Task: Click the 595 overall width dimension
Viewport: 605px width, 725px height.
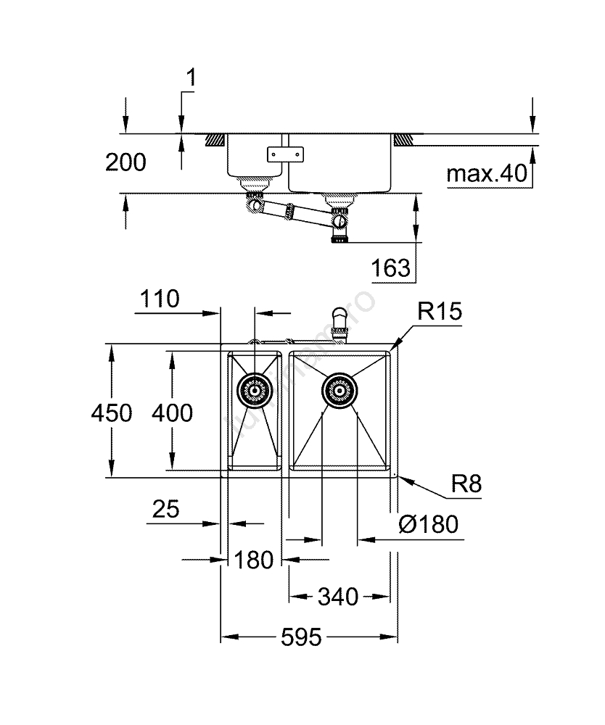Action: [301, 638]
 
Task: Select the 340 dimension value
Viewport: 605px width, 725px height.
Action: [337, 597]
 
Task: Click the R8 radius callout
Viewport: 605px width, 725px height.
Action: [466, 484]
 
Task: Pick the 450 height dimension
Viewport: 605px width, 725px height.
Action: [111, 413]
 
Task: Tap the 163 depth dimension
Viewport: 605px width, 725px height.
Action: [391, 268]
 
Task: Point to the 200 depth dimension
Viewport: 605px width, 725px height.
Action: [125, 162]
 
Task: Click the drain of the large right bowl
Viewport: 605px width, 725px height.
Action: [338, 391]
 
